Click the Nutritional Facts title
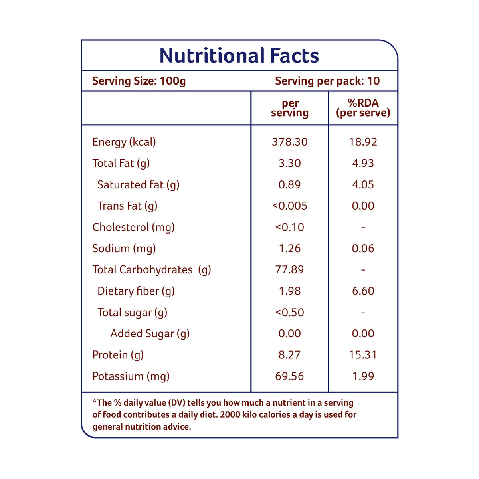click(x=239, y=55)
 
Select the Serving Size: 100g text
click(x=139, y=81)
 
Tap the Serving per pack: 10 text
click(x=327, y=81)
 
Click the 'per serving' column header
click(x=290, y=108)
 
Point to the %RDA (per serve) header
click(x=363, y=108)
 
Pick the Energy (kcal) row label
click(x=124, y=142)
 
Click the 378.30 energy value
click(x=290, y=142)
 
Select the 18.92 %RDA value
click(x=363, y=142)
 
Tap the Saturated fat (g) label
click(x=138, y=185)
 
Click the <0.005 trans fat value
click(x=290, y=206)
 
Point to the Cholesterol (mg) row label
click(x=133, y=227)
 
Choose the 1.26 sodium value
click(x=290, y=249)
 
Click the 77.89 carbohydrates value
click(x=290, y=270)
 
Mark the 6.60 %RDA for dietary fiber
click(x=363, y=291)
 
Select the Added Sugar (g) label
click(x=150, y=334)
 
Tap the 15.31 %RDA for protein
click(x=363, y=355)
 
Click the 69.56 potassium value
click(x=290, y=376)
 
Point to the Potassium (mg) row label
click(x=131, y=376)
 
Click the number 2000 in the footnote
click(x=230, y=414)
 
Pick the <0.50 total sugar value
click(x=290, y=313)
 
